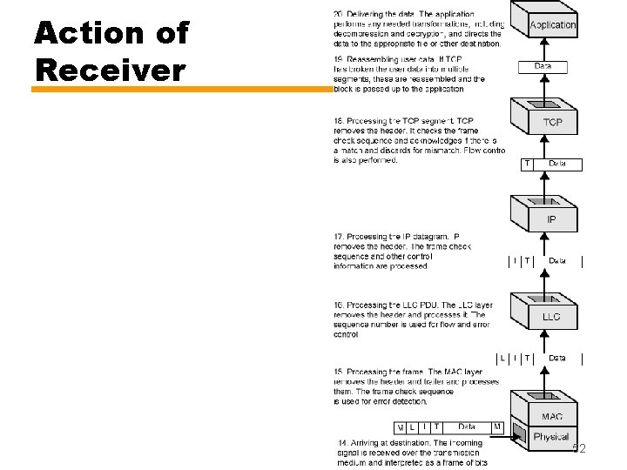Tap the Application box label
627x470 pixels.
point(553,25)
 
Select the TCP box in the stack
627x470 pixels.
point(552,123)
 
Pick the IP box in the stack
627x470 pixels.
point(551,219)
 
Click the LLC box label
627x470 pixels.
point(551,317)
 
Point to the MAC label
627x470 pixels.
point(551,417)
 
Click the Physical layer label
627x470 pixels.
point(550,436)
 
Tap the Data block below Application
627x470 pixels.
point(543,66)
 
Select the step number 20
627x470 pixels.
point(338,14)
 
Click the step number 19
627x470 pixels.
point(338,57)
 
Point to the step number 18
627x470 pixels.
point(338,119)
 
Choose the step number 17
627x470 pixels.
point(338,237)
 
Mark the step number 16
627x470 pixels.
point(338,305)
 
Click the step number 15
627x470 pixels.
point(338,373)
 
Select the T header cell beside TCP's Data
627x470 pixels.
point(527,164)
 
